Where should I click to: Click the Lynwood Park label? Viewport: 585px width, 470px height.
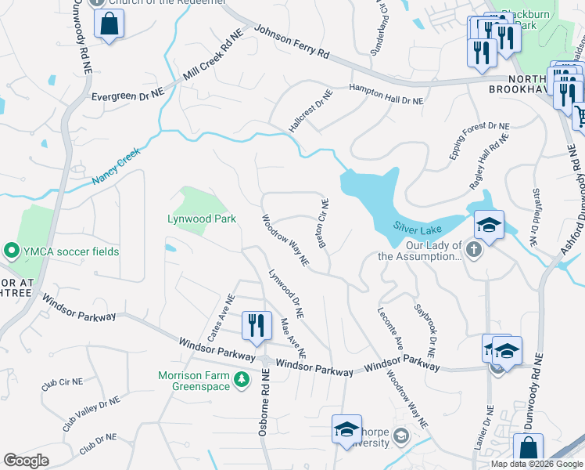[x=202, y=219]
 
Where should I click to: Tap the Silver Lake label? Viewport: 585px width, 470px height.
[x=417, y=228]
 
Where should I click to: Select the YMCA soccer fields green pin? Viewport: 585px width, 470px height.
[x=11, y=251]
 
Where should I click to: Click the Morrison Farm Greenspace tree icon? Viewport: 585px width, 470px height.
[x=242, y=380]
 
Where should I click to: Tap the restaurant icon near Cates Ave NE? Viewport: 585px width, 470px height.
[x=257, y=325]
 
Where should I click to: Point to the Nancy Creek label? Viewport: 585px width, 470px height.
[x=117, y=166]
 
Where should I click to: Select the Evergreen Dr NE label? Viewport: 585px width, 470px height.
[x=127, y=94]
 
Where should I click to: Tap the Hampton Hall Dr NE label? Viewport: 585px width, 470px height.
[x=386, y=95]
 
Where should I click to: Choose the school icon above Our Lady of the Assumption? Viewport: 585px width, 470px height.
[x=489, y=226]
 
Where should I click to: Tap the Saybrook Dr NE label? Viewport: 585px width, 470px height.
[x=429, y=327]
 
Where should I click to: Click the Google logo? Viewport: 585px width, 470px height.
[x=26, y=461]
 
